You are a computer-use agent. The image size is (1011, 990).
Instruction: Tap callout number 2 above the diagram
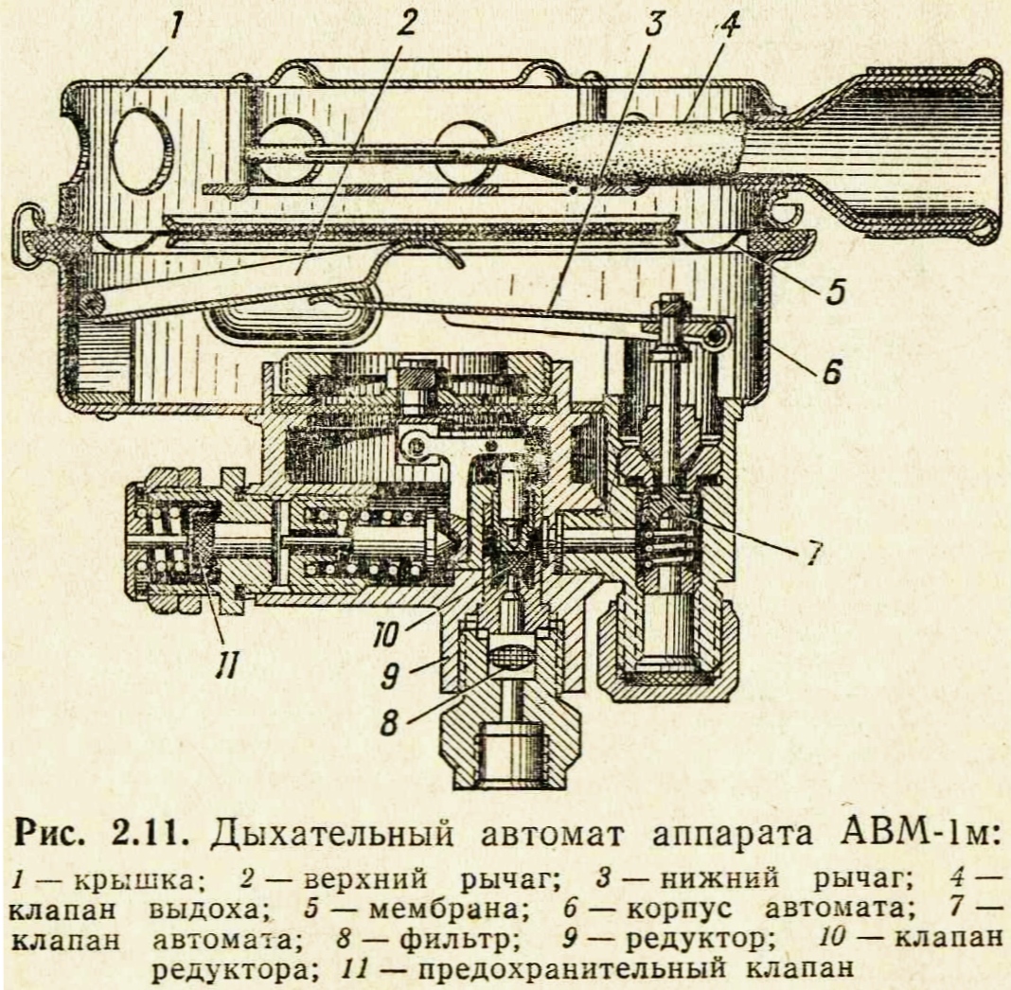coord(407,26)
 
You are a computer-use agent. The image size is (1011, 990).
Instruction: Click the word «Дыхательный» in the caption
coord(318,836)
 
